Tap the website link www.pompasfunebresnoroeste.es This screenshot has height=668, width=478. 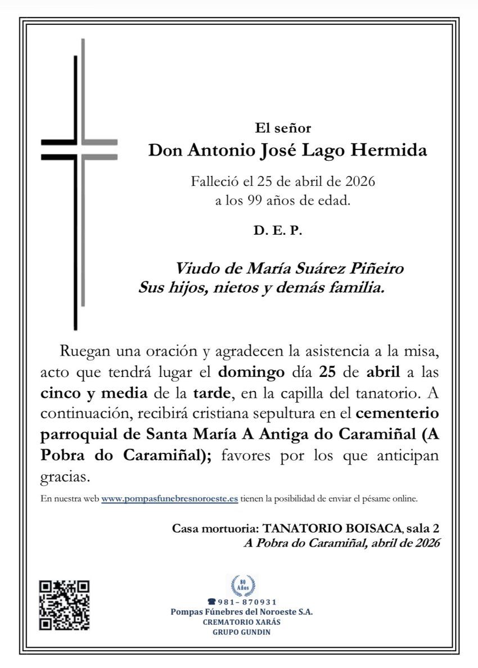169,498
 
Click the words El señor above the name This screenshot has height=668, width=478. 283,129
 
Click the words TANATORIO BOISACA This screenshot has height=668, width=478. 332,529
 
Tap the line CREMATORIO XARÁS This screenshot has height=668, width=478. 242,622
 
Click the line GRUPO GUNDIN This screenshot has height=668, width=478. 242,632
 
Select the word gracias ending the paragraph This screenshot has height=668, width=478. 66,478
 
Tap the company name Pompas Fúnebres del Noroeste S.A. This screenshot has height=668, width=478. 242,611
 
